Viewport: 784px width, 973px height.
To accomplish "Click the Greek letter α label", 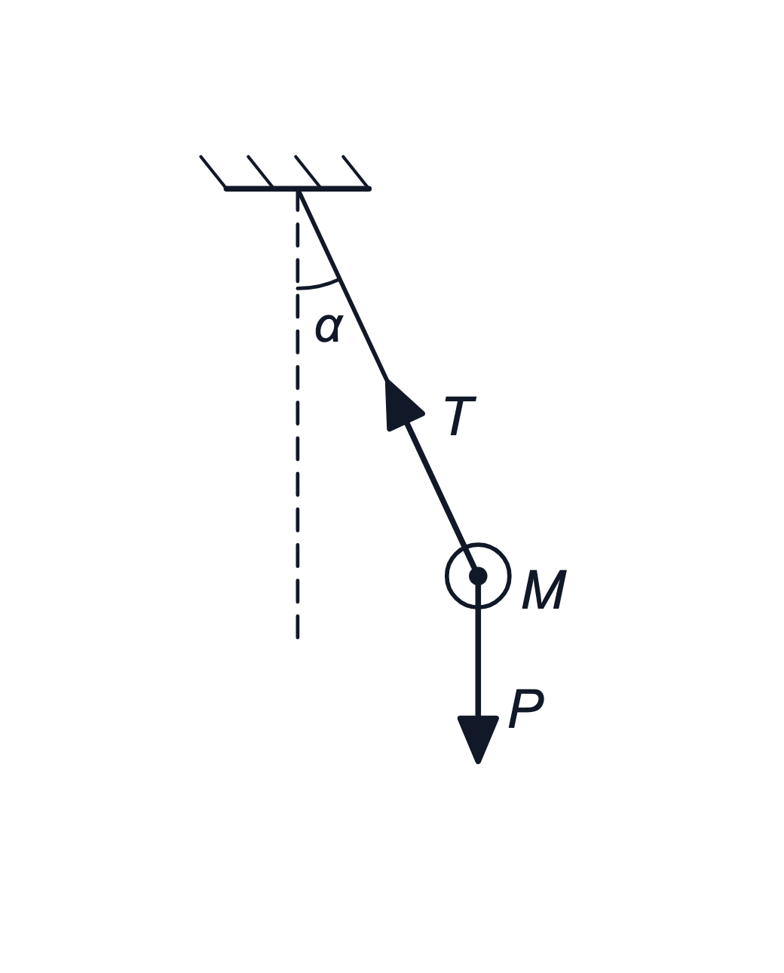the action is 329,328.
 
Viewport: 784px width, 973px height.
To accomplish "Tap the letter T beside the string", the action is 461,416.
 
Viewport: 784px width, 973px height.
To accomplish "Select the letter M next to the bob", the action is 544,589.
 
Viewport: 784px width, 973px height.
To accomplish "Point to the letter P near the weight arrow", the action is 526,708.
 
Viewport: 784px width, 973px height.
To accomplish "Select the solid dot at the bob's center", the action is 478,576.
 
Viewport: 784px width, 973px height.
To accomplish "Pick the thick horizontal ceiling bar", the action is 298,189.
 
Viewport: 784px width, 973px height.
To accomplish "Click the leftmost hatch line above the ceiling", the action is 213,171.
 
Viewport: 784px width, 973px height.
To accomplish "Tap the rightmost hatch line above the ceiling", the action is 356,171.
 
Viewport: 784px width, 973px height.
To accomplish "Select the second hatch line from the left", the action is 260,171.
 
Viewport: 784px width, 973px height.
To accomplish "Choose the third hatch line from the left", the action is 308,171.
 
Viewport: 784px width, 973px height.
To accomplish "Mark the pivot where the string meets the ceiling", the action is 298,190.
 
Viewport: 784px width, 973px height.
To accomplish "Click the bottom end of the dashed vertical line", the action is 297,638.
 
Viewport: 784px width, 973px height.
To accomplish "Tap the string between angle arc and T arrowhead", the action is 363,330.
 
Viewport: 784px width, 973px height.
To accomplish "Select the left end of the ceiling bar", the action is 226,189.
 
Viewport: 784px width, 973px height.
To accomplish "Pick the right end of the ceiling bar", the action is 369,189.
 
